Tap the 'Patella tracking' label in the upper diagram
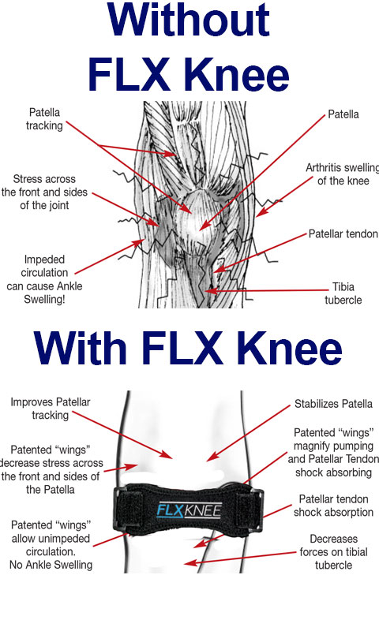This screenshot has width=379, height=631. pyautogui.click(x=44, y=119)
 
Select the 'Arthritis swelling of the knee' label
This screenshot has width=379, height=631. pyautogui.click(x=343, y=174)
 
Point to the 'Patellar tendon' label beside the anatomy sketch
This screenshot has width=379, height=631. pyautogui.click(x=343, y=233)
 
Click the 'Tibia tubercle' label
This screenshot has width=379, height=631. pyautogui.click(x=343, y=293)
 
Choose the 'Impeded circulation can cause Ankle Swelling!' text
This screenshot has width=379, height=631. pyautogui.click(x=44, y=279)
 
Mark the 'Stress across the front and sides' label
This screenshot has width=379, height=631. pyautogui.click(x=44, y=192)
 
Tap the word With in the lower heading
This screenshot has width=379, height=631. pyautogui.click(x=80, y=348)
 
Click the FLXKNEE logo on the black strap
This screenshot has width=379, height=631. pyautogui.click(x=189, y=510)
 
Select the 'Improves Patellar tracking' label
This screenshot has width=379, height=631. pyautogui.click(x=50, y=409)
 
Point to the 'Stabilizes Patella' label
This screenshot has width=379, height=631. pyautogui.click(x=333, y=404)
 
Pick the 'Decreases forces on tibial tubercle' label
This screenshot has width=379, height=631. pyautogui.click(x=333, y=551)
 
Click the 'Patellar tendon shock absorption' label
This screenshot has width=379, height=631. pyautogui.click(x=333, y=506)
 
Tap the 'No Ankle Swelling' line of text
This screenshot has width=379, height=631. pyautogui.click(x=51, y=565)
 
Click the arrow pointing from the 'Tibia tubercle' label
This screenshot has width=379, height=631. pyautogui.click(x=266, y=290)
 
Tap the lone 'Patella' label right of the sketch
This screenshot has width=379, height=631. pyautogui.click(x=343, y=114)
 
